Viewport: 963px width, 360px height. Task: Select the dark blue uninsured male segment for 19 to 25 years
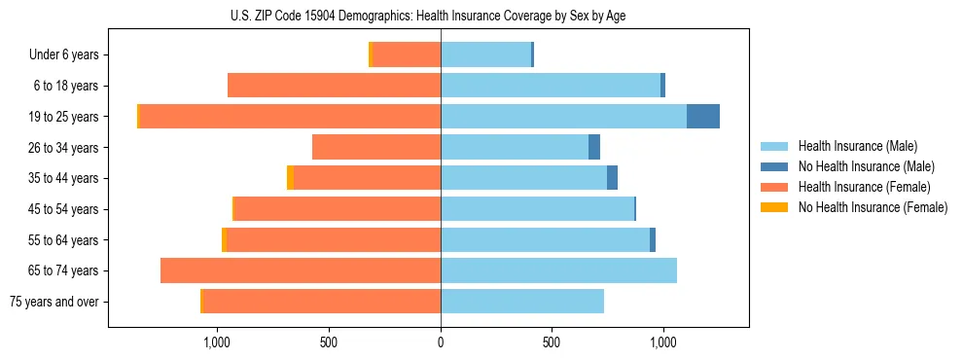[x=702, y=117]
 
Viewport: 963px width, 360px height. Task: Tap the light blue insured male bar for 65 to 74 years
[x=558, y=270]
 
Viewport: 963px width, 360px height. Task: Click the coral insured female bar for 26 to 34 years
[x=376, y=147]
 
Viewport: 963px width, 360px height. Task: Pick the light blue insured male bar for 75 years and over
[x=522, y=302]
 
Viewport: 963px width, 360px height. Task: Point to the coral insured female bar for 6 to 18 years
[x=334, y=86]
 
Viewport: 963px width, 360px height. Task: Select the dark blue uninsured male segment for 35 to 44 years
[x=612, y=178]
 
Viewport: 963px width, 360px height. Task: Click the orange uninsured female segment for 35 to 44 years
[x=290, y=178]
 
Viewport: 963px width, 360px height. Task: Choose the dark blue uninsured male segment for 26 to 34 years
[x=594, y=147]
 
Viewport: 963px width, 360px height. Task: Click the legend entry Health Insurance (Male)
[x=857, y=146]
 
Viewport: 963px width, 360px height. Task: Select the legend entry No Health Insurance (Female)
[x=873, y=207]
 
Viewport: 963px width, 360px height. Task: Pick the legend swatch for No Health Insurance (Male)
[x=774, y=166]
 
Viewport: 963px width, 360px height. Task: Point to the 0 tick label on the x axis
[x=441, y=342]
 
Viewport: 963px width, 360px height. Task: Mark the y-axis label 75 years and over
[x=54, y=302]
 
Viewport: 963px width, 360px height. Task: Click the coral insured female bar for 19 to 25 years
[x=290, y=117]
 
